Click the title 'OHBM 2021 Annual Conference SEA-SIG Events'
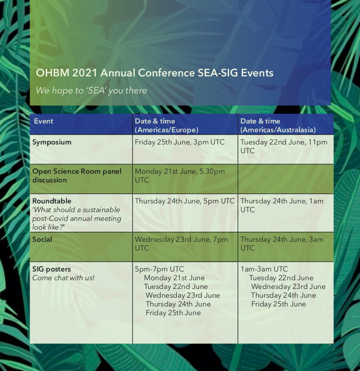[154, 73]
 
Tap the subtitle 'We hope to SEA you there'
[91, 91]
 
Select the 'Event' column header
[44, 121]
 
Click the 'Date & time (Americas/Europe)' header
[167, 125]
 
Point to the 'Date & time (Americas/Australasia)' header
[278, 125]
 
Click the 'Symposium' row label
[52, 142]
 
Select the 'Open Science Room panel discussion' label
[77, 175]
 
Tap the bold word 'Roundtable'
[52, 201]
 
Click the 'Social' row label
[42, 239]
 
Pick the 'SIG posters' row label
[51, 269]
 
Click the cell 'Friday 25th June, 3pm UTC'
[180, 142]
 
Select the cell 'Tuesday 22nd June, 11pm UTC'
[284, 147]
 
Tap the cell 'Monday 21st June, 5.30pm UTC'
[180, 175]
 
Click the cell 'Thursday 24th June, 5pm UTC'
[185, 201]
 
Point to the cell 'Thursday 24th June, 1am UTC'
[282, 205]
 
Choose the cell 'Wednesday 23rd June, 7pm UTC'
[181, 244]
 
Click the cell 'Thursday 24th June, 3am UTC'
[282, 244]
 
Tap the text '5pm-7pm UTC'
[159, 269]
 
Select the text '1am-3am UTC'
[264, 269]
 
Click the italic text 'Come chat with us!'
[63, 278]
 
